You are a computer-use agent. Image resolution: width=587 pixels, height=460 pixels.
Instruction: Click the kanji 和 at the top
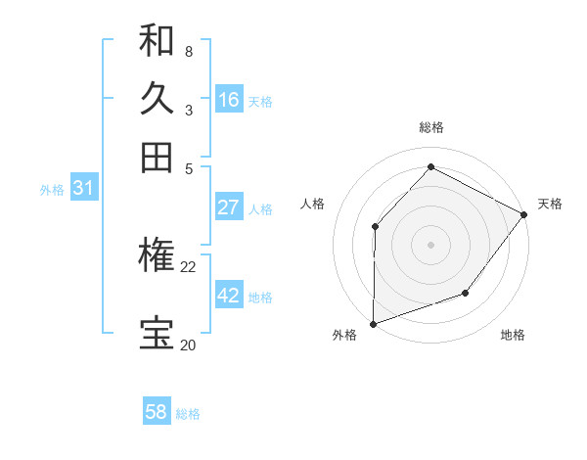(x=157, y=40)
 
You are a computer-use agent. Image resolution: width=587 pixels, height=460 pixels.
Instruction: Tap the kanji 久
(x=157, y=99)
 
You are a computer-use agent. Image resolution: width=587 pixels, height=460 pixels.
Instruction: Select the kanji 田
(x=157, y=157)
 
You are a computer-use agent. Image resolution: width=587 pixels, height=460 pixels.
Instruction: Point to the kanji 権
(x=157, y=255)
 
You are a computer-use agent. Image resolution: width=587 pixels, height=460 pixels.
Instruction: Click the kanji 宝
(x=157, y=334)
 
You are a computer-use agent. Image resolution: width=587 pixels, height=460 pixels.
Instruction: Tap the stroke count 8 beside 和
(x=188, y=51)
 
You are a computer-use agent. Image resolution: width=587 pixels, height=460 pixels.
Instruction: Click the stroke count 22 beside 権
(x=188, y=266)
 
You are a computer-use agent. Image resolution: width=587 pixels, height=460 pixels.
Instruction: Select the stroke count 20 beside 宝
(x=188, y=345)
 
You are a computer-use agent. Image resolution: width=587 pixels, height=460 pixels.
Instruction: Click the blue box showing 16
(x=229, y=100)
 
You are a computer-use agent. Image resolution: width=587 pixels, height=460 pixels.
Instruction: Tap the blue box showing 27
(x=229, y=207)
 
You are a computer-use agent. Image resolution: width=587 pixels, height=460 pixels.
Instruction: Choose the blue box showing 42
(x=229, y=296)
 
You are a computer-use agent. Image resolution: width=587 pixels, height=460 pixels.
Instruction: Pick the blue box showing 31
(x=83, y=189)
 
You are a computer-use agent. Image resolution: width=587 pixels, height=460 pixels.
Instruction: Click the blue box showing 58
(x=157, y=412)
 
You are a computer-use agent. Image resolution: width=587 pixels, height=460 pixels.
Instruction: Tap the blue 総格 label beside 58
(x=188, y=414)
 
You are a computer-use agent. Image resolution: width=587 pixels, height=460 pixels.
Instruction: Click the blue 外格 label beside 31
(x=52, y=191)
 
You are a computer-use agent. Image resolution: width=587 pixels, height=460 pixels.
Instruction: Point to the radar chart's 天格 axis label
(x=550, y=204)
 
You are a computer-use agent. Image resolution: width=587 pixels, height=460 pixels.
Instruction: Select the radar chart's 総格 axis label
(x=430, y=127)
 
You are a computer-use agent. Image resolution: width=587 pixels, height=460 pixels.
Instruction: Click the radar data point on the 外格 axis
(x=373, y=323)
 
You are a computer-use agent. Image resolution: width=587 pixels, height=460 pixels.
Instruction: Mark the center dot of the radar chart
(x=430, y=244)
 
